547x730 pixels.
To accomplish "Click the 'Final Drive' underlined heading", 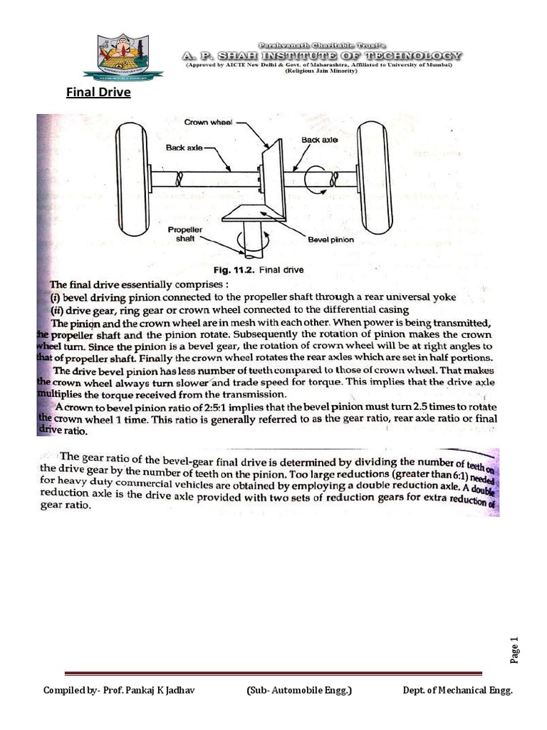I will coord(98,92).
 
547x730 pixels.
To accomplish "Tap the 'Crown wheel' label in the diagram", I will coord(207,123).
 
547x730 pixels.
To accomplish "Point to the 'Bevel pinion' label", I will coord(330,240).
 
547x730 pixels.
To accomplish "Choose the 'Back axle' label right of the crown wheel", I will coord(319,140).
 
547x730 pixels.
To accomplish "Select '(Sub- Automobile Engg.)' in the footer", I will coord(299,691).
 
